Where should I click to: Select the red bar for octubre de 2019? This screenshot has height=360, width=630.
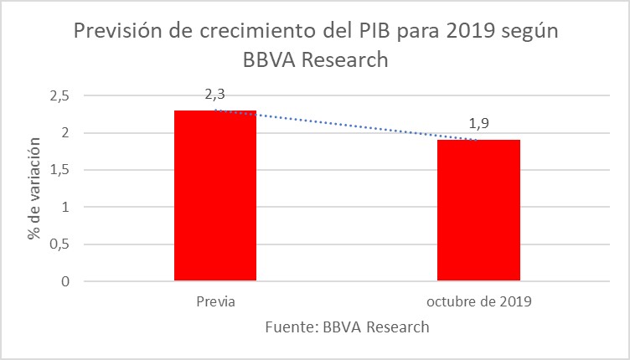pyautogui.click(x=478, y=210)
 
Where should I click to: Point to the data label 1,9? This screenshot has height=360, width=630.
pyautogui.click(x=478, y=123)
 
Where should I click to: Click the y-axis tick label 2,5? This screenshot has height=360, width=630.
pyautogui.click(x=59, y=95)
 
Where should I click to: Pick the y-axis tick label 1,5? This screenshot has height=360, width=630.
pyautogui.click(x=59, y=170)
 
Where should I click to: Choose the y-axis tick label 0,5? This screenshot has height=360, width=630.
pyautogui.click(x=59, y=244)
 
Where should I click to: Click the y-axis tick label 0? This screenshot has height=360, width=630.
pyautogui.click(x=64, y=281)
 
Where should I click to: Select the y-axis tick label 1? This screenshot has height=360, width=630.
pyautogui.click(x=64, y=207)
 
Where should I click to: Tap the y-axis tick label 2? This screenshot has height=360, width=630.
pyautogui.click(x=64, y=132)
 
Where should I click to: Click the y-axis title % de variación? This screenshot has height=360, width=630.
pyautogui.click(x=34, y=188)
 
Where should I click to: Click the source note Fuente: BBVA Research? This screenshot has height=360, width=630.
pyautogui.click(x=347, y=327)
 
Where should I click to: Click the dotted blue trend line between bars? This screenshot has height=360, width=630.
pyautogui.click(x=347, y=125)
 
